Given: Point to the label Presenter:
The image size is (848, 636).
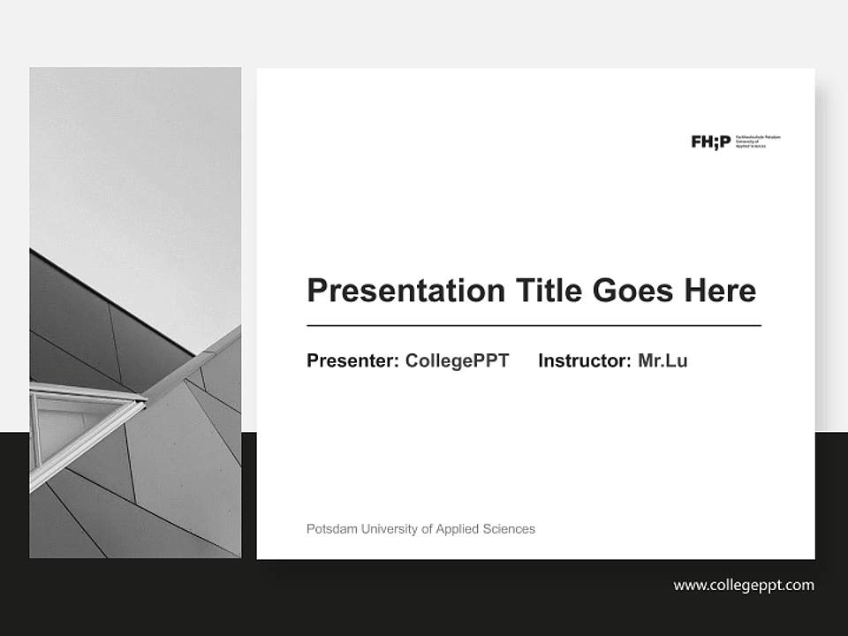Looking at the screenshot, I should click(x=352, y=360).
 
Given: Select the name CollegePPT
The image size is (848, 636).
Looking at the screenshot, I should click(x=457, y=360).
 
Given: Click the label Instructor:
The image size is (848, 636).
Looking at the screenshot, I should click(x=584, y=360).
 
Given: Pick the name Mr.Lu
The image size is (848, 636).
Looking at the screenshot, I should click(x=662, y=360).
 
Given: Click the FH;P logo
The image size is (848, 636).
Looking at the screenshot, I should click(x=710, y=141).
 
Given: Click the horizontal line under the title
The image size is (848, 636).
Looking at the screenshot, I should click(x=534, y=326).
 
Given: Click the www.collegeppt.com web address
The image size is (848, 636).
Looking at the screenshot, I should click(x=744, y=585).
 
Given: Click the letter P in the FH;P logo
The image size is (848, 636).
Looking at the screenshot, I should click(x=725, y=141).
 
